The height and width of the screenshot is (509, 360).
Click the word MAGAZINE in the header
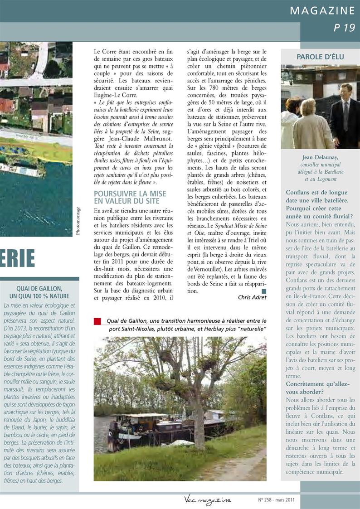click(322, 10)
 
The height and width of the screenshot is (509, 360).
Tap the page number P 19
click(344, 28)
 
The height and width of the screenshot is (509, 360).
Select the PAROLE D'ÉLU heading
click(320, 57)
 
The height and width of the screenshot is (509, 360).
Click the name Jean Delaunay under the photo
click(321, 158)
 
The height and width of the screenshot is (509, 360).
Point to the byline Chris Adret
click(252, 297)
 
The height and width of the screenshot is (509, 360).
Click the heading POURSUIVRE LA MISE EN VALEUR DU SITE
click(130, 197)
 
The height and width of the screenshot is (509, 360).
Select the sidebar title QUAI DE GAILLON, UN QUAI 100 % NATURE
click(39, 292)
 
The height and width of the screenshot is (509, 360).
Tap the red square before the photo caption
click(97, 321)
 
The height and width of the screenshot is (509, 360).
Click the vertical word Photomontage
click(78, 221)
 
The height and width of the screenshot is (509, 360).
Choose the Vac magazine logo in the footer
click(208, 500)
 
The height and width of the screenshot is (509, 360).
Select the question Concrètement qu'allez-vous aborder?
click(317, 388)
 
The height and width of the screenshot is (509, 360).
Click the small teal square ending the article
click(264, 291)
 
